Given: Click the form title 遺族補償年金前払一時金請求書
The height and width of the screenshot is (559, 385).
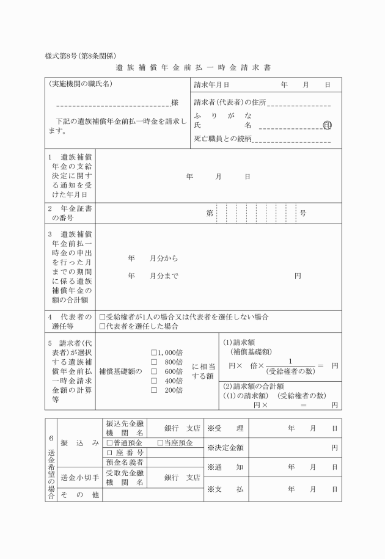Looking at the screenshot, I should [x=193, y=67].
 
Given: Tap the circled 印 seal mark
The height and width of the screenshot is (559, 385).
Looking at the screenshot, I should [x=328, y=125].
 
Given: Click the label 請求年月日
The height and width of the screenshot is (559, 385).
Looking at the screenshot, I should [x=211, y=85].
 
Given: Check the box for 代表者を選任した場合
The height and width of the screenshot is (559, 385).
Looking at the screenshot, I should [x=102, y=327].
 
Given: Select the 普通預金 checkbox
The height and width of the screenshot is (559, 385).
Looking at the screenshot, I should [x=109, y=442].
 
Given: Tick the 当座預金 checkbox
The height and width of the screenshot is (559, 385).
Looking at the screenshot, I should [x=160, y=442].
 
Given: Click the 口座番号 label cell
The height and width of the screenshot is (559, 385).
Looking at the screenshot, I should [x=125, y=453].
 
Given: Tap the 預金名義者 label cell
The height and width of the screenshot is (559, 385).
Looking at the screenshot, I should [x=125, y=462].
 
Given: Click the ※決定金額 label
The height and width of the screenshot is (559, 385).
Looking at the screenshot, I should [x=226, y=448].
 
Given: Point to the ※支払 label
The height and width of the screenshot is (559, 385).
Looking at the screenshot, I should [x=226, y=489].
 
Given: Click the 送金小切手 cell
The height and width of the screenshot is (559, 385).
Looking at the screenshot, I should [x=79, y=478].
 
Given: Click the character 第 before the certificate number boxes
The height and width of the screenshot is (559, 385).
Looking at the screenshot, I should [x=210, y=213].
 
